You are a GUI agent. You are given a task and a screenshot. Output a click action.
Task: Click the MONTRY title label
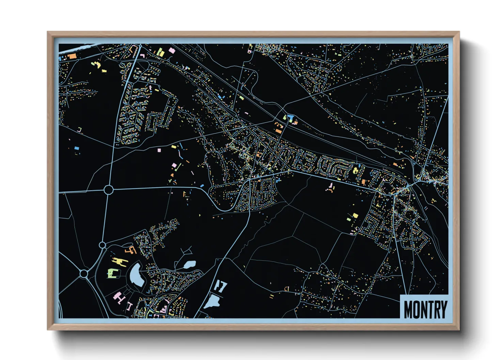pyautogui.click(x=425, y=309)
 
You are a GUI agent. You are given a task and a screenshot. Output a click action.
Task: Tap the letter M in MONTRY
pyautogui.click(x=408, y=309)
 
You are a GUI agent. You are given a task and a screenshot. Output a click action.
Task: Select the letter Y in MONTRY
pyautogui.click(x=443, y=309)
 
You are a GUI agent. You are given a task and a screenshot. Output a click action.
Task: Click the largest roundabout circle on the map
pyautogui.click(x=108, y=190)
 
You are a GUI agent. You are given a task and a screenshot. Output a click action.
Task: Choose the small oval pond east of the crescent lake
pyautogui.click(x=189, y=264)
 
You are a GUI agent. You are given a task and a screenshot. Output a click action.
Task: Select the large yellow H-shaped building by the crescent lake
pyautogui.click(x=120, y=262)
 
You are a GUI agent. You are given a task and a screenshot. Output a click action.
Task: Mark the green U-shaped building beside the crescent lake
pyautogui.click(x=113, y=273)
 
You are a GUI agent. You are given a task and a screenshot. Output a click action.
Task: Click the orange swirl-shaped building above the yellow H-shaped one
pyautogui.click(x=131, y=250)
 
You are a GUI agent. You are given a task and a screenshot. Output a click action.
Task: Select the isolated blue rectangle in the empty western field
pyautogui.click(x=77, y=148)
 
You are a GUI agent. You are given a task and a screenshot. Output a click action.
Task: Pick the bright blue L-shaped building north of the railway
pyautogui.click(x=290, y=118)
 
